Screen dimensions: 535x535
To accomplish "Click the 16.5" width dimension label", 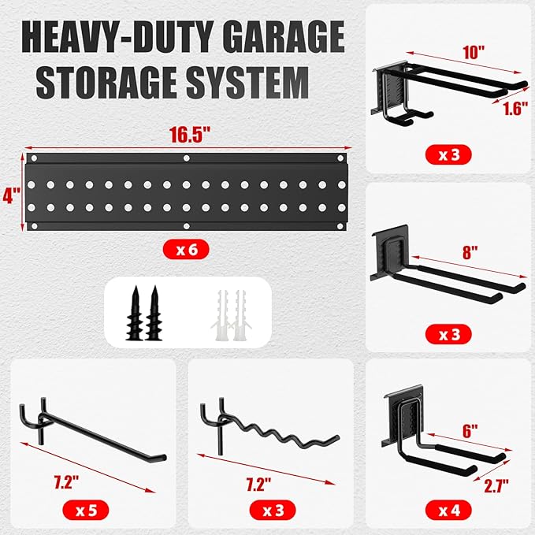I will coord(187,135).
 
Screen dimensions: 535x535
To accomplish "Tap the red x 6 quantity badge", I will coord(187,251).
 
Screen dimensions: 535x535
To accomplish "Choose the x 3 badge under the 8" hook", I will coord(449,333).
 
